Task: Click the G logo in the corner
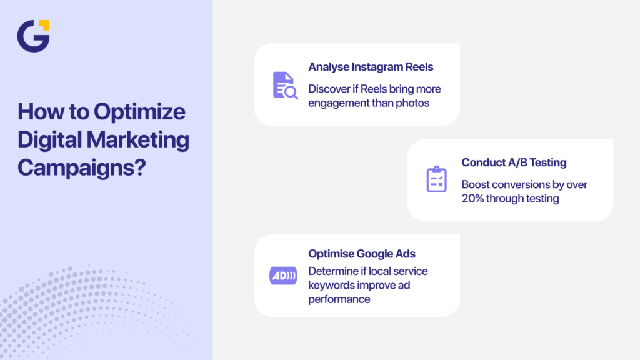[x=32, y=36]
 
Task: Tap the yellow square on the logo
[x=44, y=26]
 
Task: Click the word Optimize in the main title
[x=139, y=112]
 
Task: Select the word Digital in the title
[x=51, y=139]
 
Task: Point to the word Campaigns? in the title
[x=81, y=167]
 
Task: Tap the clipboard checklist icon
[x=436, y=179]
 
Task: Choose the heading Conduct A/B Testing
[x=514, y=162]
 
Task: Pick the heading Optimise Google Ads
[x=362, y=254]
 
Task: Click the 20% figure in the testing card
[x=476, y=199]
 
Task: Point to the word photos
[x=413, y=102]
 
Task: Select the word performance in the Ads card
[x=339, y=299]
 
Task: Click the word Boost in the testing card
[x=476, y=184]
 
